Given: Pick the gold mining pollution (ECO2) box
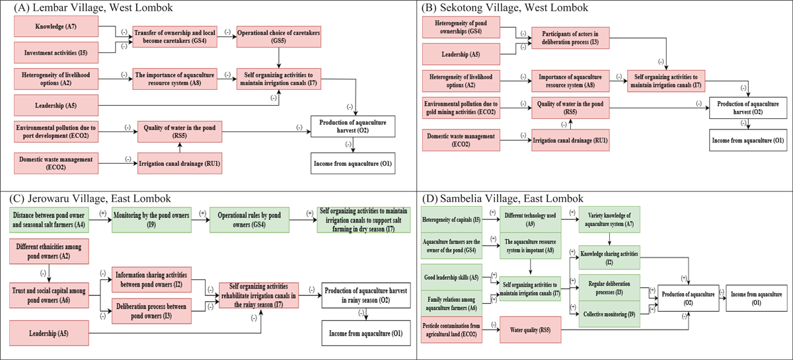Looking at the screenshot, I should tap(461, 108).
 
